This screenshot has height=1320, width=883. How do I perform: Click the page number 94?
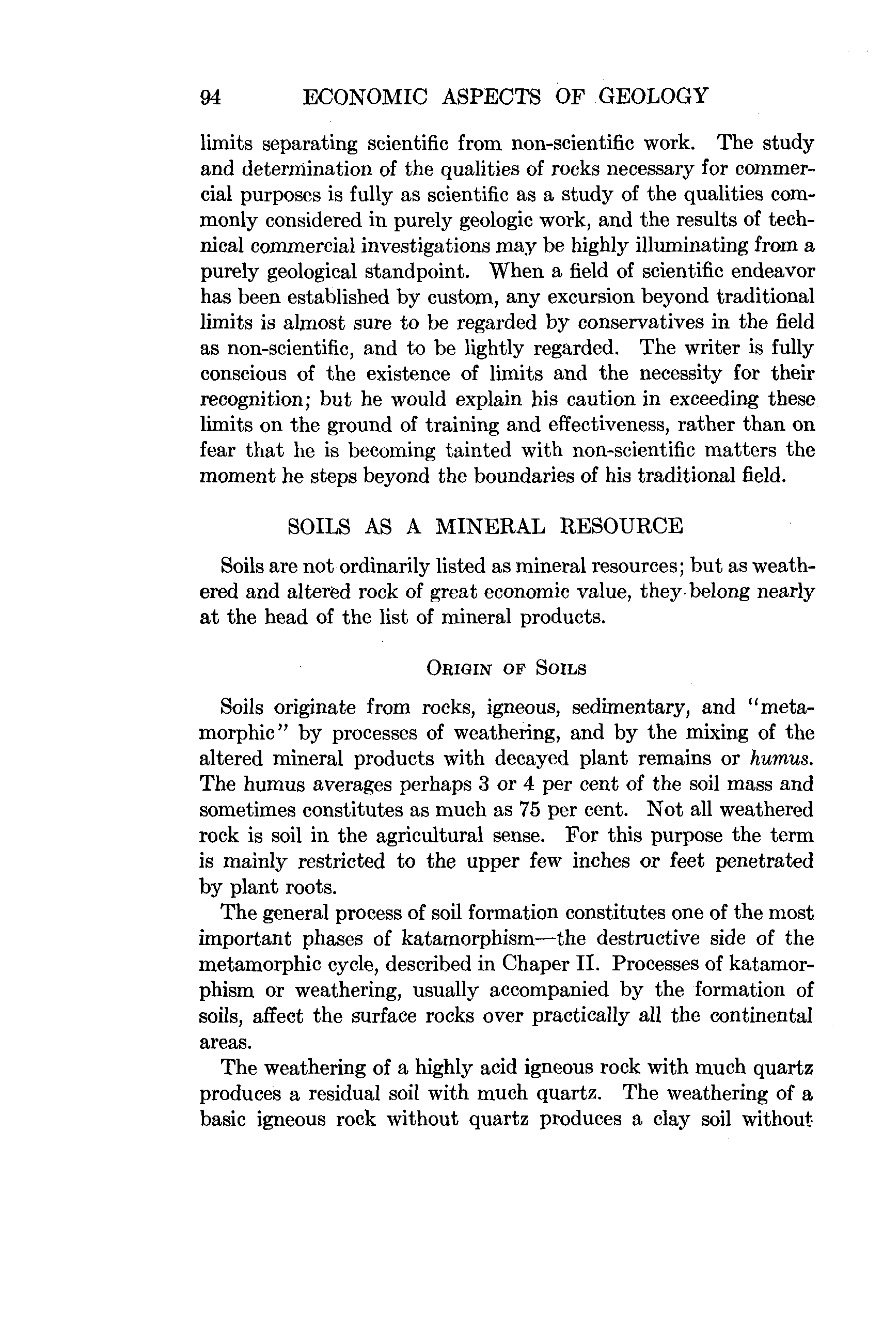click(x=211, y=98)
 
